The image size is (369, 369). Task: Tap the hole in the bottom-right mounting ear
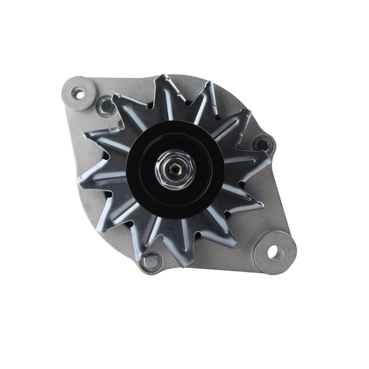(278, 253)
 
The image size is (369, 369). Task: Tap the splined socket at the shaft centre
(175, 168)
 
